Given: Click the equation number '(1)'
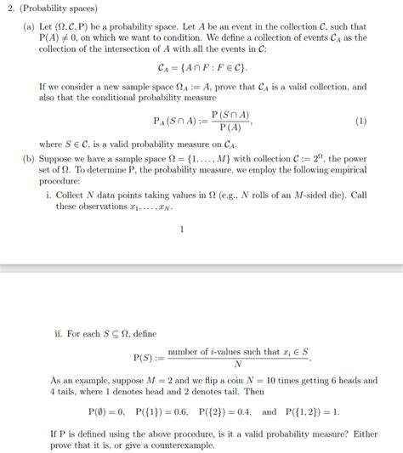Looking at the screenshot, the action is coord(361,121).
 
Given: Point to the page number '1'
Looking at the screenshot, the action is coord(182,228).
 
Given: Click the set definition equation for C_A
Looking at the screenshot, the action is coord(202,66).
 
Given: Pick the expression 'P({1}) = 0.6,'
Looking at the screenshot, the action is coord(165,411).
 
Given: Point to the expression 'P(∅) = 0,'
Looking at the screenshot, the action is coord(107,411).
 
